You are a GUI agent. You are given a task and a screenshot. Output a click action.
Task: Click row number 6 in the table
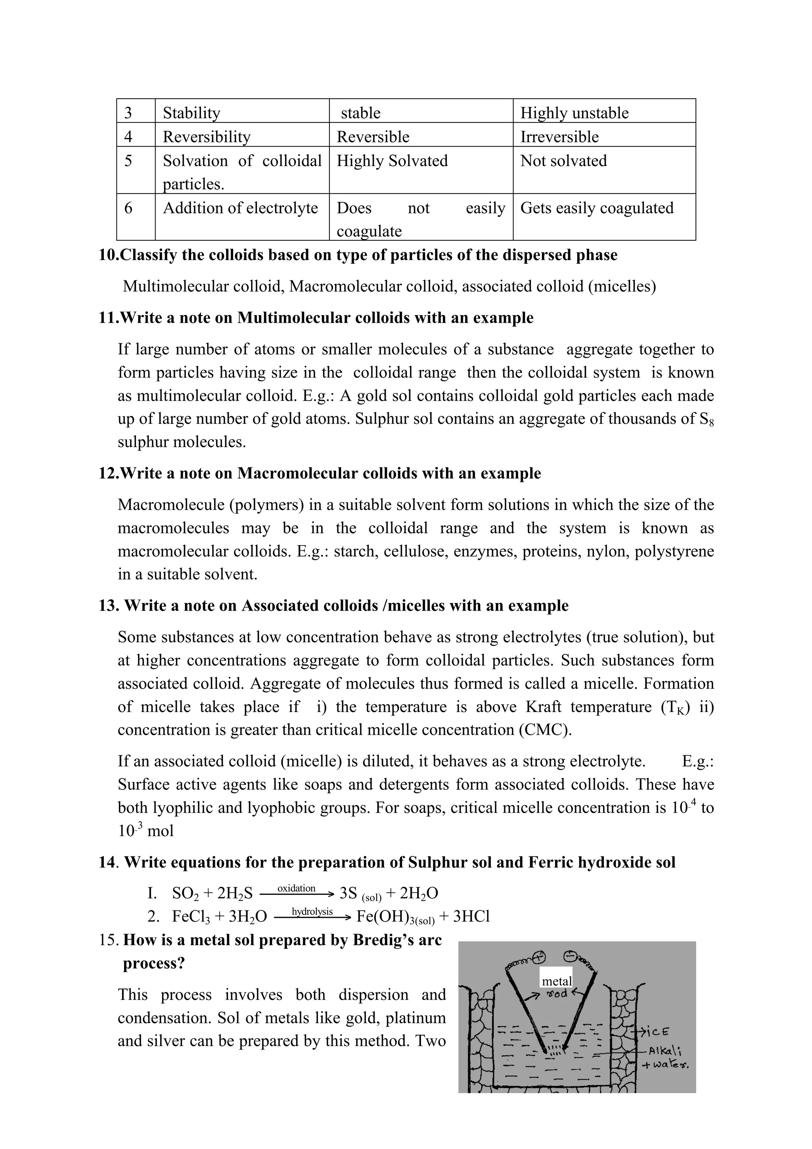point(128,208)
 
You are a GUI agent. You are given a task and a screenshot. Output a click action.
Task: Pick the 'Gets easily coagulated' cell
point(596,208)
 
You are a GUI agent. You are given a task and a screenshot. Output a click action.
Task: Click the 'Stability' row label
point(191,113)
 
